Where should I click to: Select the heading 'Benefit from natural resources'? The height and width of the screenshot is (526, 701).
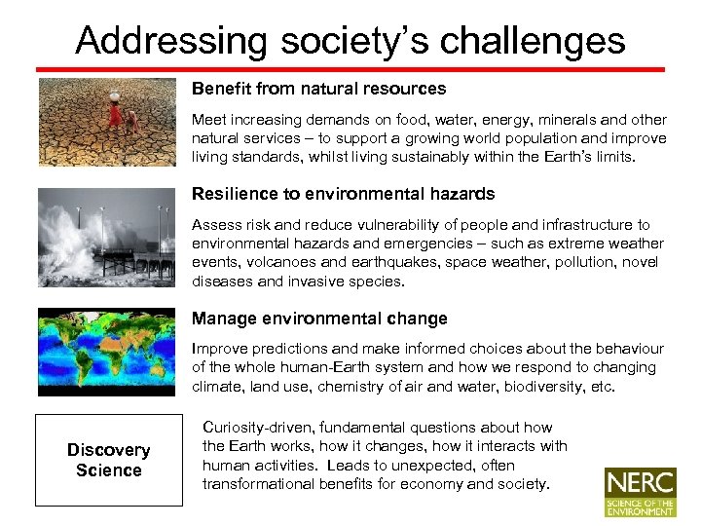(318, 89)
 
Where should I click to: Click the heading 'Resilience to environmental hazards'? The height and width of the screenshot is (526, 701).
(343, 194)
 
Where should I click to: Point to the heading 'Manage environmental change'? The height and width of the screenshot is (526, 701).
(319, 319)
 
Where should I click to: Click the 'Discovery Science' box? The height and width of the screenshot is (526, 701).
(108, 460)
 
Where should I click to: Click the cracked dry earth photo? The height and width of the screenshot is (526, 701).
(108, 122)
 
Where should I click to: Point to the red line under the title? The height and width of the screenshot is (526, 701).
(350, 69)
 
